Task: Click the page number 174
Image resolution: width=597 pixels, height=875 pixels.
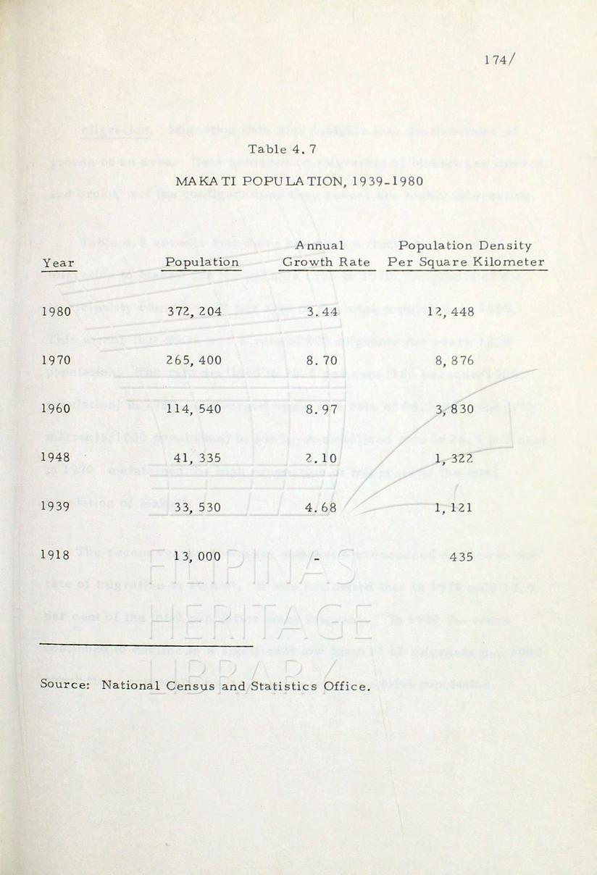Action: pyautogui.click(x=498, y=61)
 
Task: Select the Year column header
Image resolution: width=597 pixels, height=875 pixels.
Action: pyautogui.click(x=59, y=263)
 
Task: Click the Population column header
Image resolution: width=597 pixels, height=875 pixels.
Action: pyautogui.click(x=202, y=262)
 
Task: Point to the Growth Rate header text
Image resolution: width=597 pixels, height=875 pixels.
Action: pyautogui.click(x=326, y=262)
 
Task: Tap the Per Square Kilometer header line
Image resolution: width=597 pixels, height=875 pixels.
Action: pyautogui.click(x=466, y=262)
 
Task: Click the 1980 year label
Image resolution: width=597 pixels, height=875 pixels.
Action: pyautogui.click(x=57, y=312)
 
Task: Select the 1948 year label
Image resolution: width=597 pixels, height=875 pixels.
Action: pyautogui.click(x=57, y=457)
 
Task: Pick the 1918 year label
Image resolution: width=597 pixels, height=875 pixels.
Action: pyautogui.click(x=57, y=556)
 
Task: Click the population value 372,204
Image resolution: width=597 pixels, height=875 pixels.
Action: pyautogui.click(x=198, y=312)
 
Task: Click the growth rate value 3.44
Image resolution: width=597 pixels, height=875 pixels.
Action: pyautogui.click(x=322, y=312)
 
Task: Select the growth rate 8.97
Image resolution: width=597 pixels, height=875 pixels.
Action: pyautogui.click(x=322, y=409)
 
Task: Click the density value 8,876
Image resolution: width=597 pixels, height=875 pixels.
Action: pyautogui.click(x=454, y=359)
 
